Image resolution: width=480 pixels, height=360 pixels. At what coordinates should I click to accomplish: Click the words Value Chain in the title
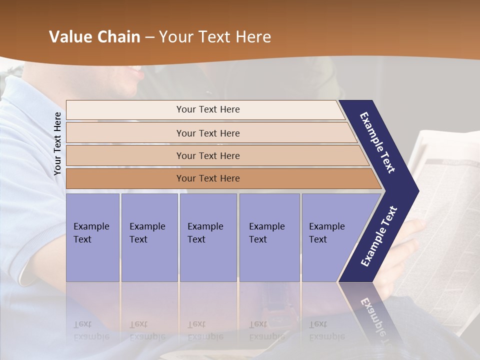(94, 37)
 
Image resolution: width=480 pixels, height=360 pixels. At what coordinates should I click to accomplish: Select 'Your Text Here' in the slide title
(215, 37)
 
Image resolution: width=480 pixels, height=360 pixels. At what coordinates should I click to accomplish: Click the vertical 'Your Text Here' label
(57, 143)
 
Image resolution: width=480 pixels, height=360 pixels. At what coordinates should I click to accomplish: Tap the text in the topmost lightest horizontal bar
(208, 109)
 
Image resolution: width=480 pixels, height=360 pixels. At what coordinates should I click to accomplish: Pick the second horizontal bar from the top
(208, 133)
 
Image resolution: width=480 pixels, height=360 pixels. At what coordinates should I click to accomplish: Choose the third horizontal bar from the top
(208, 156)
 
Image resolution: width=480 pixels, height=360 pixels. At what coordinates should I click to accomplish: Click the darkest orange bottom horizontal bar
(208, 178)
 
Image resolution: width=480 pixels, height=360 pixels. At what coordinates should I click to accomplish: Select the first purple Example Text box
(92, 237)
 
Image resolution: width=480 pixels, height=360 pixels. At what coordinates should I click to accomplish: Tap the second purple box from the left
(149, 237)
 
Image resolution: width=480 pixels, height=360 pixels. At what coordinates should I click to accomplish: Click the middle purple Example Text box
(208, 237)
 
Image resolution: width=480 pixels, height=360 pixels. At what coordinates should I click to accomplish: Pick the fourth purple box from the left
(269, 237)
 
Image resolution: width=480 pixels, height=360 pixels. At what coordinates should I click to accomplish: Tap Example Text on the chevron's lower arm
(379, 236)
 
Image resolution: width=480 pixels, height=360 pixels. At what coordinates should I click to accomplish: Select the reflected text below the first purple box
(91, 330)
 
